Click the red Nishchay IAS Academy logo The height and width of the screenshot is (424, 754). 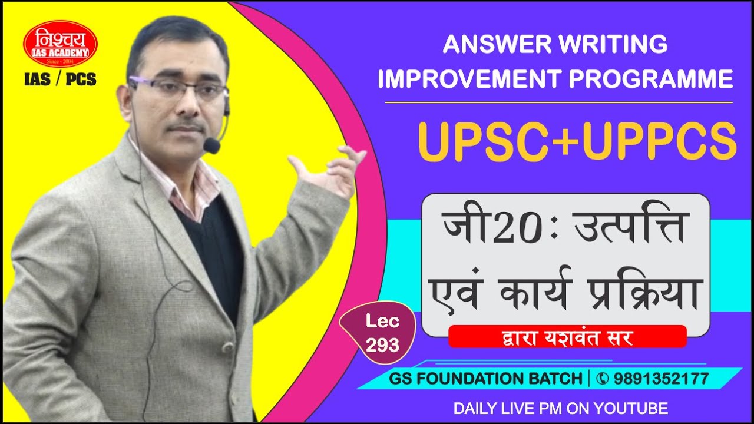[61, 44]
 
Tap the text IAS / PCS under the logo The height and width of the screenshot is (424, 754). [61, 80]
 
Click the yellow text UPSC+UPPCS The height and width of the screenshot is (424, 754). [577, 141]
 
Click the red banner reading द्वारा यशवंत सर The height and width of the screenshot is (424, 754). [567, 336]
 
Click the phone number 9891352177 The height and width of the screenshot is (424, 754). [661, 379]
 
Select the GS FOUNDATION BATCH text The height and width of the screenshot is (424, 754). [485, 379]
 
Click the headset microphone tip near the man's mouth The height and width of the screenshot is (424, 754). [211, 145]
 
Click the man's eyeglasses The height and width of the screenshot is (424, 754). [177, 89]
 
